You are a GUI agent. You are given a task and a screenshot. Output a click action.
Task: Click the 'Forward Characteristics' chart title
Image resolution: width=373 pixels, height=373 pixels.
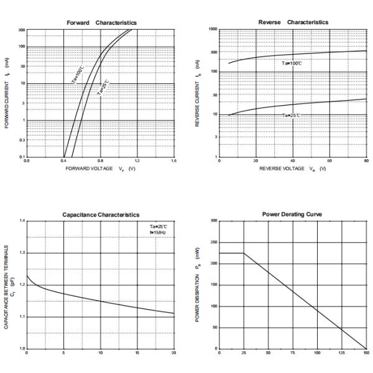click(101, 23)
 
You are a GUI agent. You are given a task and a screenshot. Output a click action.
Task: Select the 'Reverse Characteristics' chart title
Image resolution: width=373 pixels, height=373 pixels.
click(293, 22)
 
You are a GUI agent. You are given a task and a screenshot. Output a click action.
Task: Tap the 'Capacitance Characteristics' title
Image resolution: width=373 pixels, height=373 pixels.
click(101, 214)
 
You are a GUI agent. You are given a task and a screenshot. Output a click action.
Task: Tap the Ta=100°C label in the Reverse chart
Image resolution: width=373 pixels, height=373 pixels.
click(292, 63)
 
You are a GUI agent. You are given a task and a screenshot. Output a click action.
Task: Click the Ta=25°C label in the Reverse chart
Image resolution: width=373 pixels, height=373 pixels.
click(291, 115)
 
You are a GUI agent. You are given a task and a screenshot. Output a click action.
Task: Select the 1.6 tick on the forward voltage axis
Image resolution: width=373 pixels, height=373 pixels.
click(173, 161)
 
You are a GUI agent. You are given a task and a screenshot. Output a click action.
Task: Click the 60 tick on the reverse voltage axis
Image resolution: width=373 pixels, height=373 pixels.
click(330, 160)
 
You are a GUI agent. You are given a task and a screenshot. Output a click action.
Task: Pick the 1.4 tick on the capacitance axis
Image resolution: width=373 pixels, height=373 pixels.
click(22, 221)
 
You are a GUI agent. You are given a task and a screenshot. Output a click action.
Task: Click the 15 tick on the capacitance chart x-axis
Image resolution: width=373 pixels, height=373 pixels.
click(137, 353)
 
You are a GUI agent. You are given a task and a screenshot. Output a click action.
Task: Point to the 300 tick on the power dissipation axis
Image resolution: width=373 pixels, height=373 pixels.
click(213, 221)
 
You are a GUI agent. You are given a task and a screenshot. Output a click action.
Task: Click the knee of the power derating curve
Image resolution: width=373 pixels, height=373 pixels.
click(243, 253)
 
